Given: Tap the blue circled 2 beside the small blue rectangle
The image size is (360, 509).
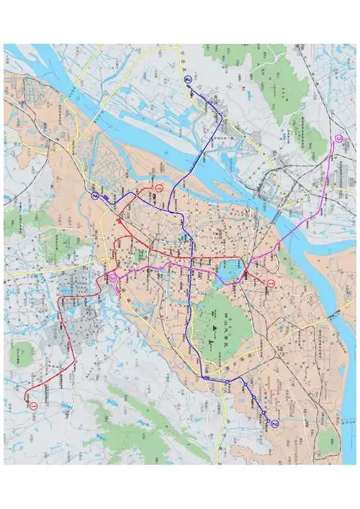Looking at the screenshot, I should point(94,196).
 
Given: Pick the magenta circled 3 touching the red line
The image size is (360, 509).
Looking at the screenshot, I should point(112,276).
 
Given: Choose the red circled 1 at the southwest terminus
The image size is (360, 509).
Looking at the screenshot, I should point(33,405).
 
